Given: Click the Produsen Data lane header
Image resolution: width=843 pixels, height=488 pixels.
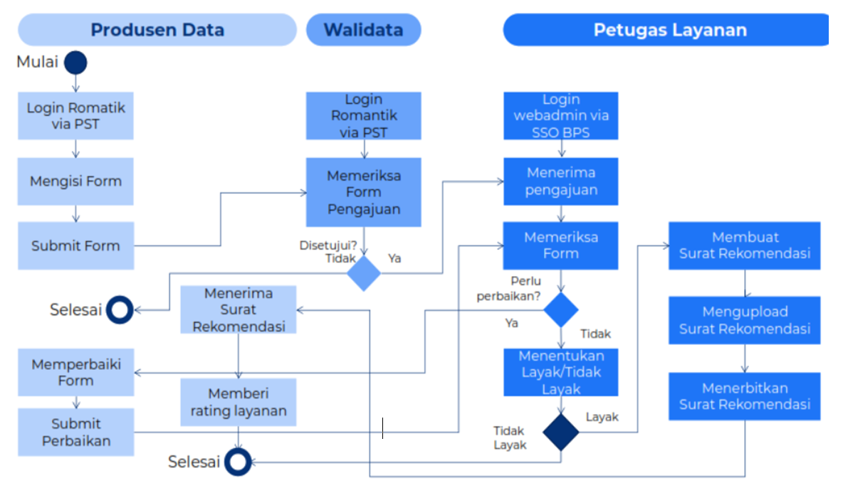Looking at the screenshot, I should (157, 30).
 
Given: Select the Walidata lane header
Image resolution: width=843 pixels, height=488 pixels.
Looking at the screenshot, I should (363, 30).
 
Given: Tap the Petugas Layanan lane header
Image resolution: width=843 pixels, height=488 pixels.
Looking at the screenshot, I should (669, 30).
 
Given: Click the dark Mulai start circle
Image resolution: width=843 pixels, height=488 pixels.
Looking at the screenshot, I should (75, 63).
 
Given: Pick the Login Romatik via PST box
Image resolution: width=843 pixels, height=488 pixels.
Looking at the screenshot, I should (75, 116).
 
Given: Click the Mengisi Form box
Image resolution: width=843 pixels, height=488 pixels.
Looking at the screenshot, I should (75, 181).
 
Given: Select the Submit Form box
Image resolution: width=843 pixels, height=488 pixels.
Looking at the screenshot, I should (75, 246).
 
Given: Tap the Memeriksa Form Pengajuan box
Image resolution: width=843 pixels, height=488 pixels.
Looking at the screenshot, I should (364, 192).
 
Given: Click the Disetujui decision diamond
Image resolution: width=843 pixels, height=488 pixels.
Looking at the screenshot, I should (364, 274).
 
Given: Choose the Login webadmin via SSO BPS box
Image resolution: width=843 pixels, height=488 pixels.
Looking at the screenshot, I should (561, 116).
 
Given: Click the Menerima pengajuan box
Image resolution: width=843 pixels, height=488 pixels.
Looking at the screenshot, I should (561, 181).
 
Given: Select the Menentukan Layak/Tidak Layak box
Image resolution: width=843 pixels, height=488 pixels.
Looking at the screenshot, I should (561, 372).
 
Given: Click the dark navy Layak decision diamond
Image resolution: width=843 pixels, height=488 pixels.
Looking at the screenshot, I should (561, 433).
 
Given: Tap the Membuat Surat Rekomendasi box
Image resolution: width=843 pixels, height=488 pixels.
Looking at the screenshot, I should (745, 245).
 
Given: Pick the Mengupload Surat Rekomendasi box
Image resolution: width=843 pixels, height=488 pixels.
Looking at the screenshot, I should (745, 320).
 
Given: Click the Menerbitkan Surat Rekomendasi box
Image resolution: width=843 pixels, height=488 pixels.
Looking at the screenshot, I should (745, 396).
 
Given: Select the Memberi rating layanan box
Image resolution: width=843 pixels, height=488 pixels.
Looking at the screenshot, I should (238, 402).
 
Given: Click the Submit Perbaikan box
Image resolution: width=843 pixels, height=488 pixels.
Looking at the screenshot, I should (75, 433).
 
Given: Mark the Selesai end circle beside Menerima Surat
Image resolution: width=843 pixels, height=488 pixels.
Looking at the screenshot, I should (120, 309).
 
